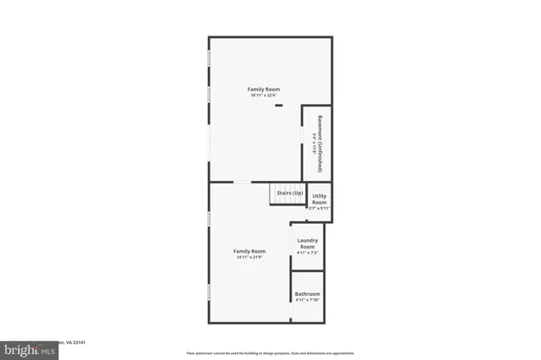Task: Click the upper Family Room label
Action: tap(263, 89)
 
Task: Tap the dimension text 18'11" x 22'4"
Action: tap(263, 95)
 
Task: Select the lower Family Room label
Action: tap(249, 251)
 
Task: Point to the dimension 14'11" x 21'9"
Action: tap(249, 258)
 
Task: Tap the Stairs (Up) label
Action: tap(289, 194)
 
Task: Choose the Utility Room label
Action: tap(319, 199)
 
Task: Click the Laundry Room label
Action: tap(307, 243)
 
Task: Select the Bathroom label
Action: tap(307, 294)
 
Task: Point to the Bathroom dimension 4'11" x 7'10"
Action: tap(307, 300)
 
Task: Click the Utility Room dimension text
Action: tap(319, 209)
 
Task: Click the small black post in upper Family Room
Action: tap(279, 106)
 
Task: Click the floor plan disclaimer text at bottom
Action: tap(270, 352)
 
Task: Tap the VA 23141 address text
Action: tap(77, 342)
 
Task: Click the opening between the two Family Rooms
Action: tap(243, 182)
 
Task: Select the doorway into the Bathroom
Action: tap(292, 308)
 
